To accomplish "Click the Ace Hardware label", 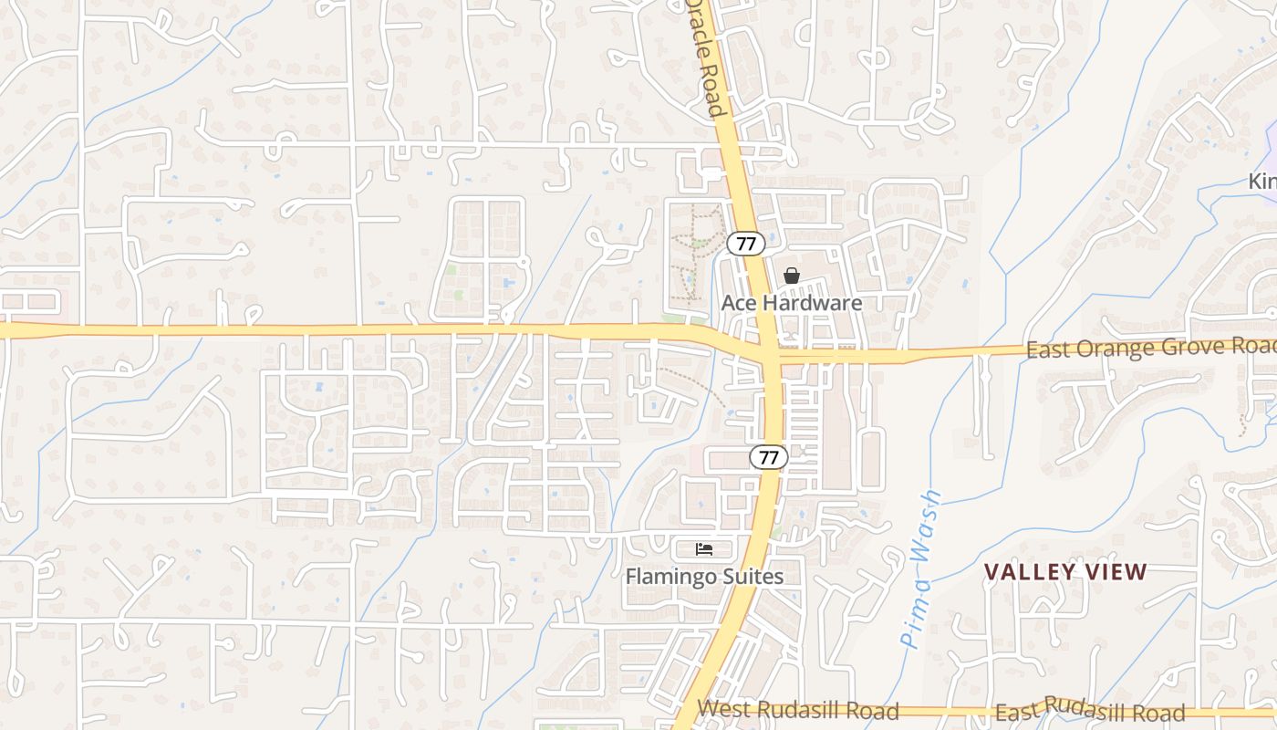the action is click(x=791, y=303).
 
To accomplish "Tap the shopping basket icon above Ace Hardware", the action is click(x=791, y=276).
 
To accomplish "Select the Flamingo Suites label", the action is click(x=703, y=577).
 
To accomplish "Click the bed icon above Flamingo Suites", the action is click(x=704, y=548).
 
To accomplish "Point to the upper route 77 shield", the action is click(x=746, y=244).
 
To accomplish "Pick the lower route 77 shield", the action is click(x=769, y=457).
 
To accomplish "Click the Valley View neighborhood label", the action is click(x=1065, y=572).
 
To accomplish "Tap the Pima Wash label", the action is click(x=921, y=571).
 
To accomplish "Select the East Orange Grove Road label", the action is click(x=1149, y=348).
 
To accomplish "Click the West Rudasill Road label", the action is click(x=798, y=710).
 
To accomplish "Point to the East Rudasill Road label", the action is click(x=1090, y=709).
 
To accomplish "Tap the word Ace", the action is click(x=738, y=303).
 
